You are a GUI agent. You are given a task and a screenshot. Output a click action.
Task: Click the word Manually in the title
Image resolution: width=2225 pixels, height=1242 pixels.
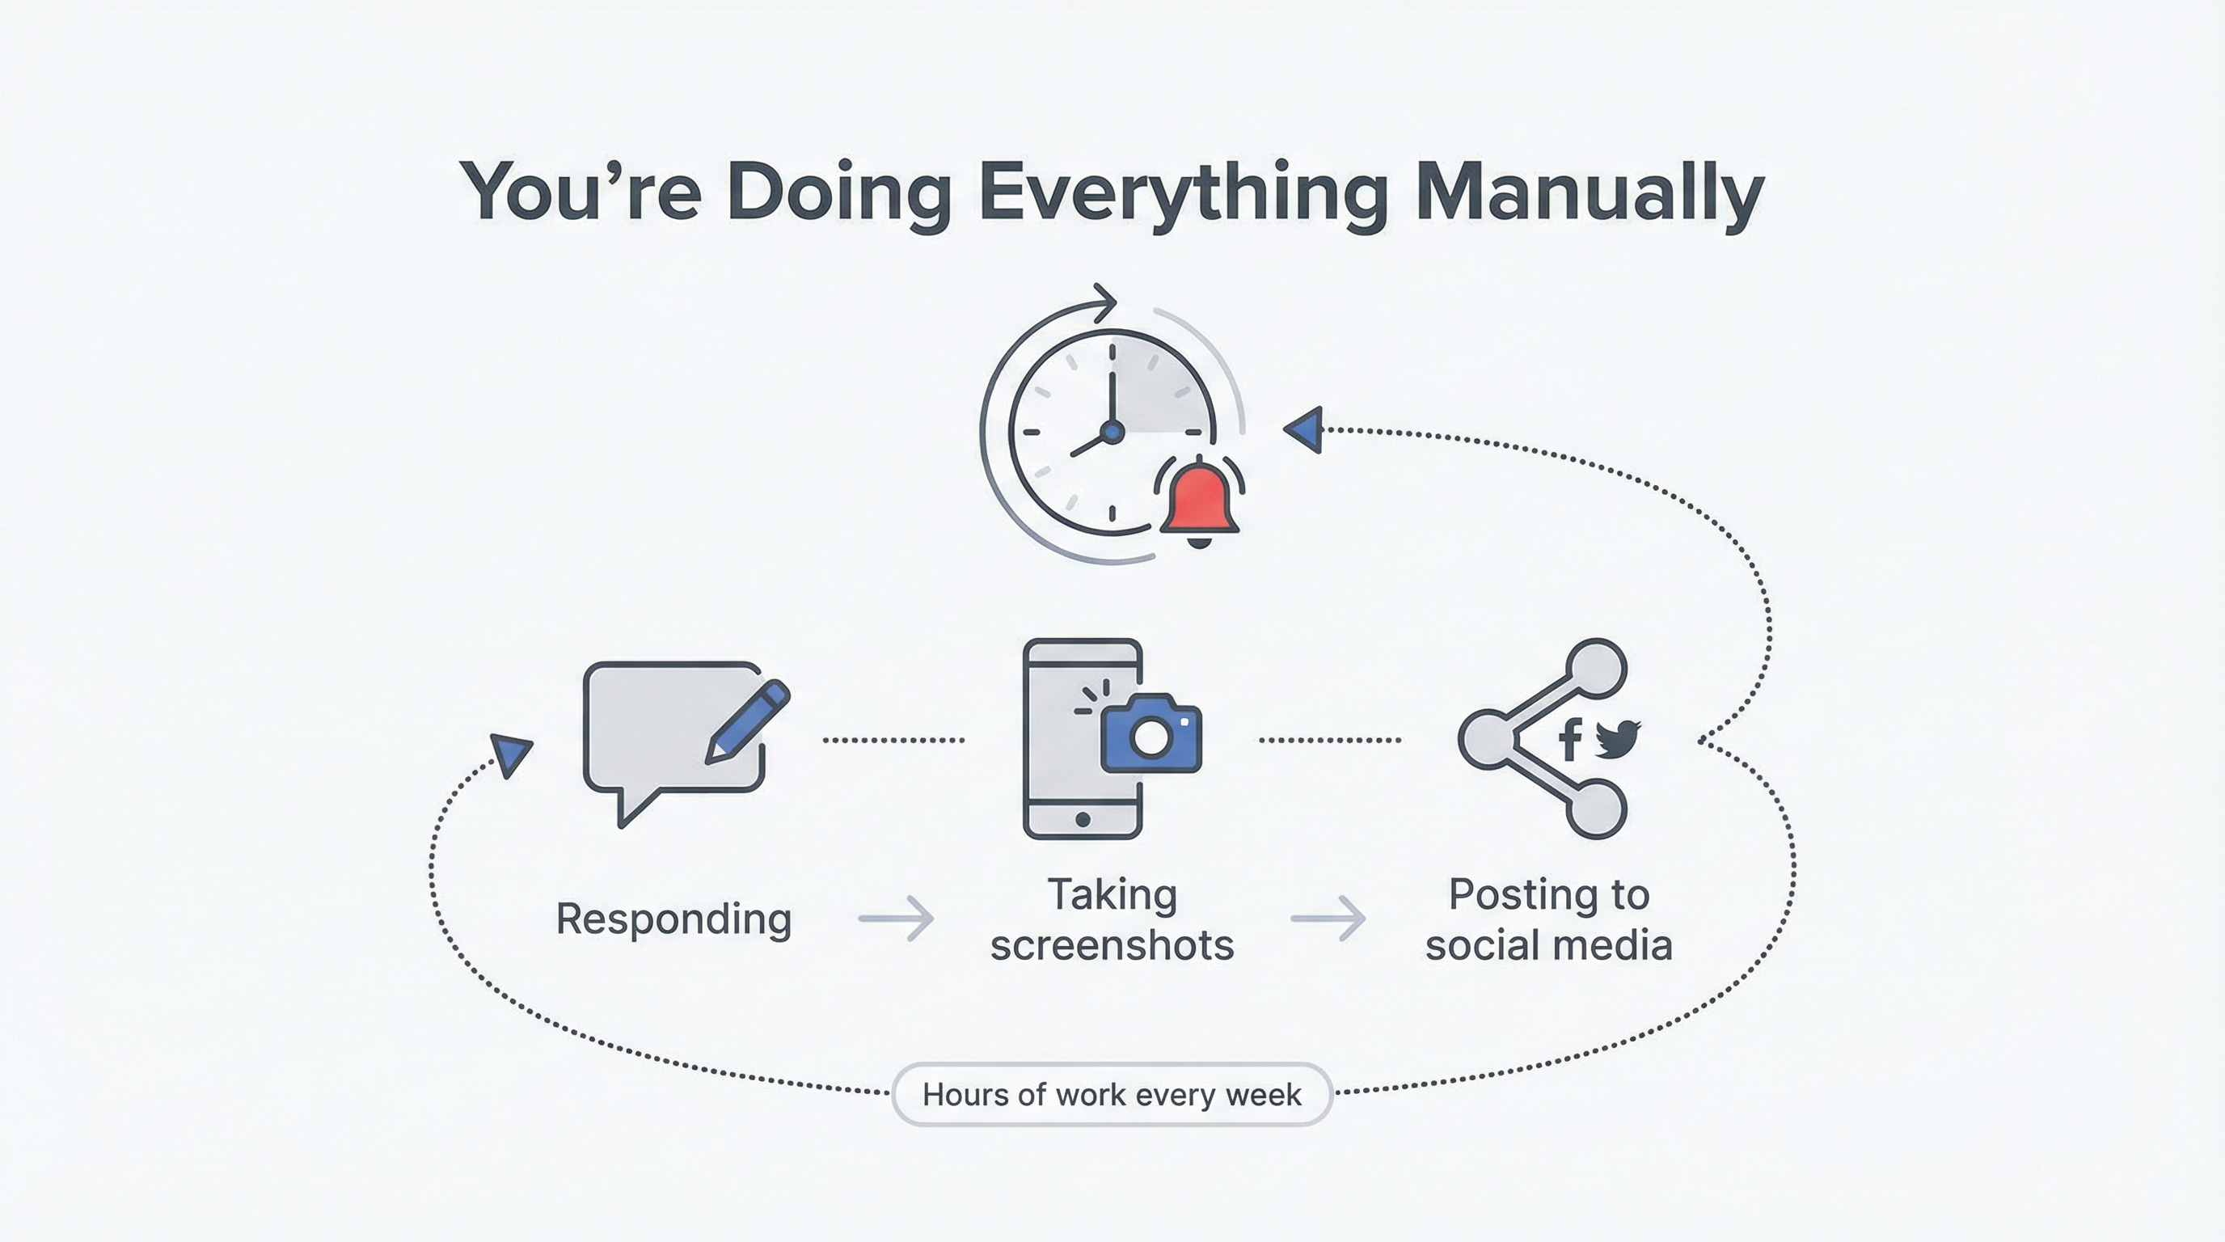pos(1590,195)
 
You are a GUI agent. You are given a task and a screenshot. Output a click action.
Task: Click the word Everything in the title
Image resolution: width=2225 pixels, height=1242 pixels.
pos(1184,195)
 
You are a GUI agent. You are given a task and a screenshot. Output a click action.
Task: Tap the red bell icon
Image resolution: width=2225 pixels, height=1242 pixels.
pos(1200,502)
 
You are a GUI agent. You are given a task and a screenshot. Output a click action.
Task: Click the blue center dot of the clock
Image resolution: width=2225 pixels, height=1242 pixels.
pos(1112,430)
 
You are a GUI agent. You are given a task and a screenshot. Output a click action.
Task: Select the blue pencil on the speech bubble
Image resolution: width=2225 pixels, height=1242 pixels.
pos(747,722)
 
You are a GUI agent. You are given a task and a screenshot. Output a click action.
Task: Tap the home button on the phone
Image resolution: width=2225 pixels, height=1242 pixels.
pos(1083,819)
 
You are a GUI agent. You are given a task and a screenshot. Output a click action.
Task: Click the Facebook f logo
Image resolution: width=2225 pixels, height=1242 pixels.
pos(1570,738)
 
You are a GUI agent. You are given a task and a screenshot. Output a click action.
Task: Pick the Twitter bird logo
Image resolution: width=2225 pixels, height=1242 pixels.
pos(1617,738)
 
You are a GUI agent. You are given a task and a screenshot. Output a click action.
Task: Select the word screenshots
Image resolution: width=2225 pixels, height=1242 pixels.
pos(1112,945)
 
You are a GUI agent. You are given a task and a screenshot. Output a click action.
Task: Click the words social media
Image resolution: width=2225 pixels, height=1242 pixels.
pos(1549,945)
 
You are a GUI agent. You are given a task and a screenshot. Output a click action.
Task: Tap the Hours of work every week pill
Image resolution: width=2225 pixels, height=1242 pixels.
pos(1112,1094)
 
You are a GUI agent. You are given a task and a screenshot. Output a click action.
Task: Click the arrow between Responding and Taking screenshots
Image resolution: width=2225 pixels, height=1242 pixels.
pos(896,918)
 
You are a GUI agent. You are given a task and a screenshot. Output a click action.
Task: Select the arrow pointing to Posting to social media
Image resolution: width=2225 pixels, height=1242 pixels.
pos(1328,918)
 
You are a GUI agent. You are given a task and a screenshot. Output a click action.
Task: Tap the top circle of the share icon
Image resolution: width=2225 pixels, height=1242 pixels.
pos(1596,669)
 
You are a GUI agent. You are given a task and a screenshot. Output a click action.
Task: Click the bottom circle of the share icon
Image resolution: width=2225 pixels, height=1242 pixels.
pos(1596,809)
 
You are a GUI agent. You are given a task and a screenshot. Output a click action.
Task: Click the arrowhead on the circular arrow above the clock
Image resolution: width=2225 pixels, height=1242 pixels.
pos(1104,302)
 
